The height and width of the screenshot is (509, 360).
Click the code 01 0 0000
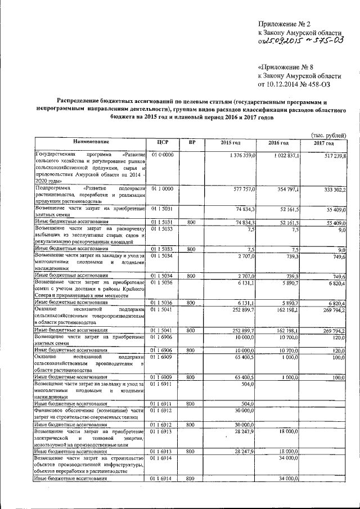point(161,154)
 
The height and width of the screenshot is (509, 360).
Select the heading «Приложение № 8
point(286,65)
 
